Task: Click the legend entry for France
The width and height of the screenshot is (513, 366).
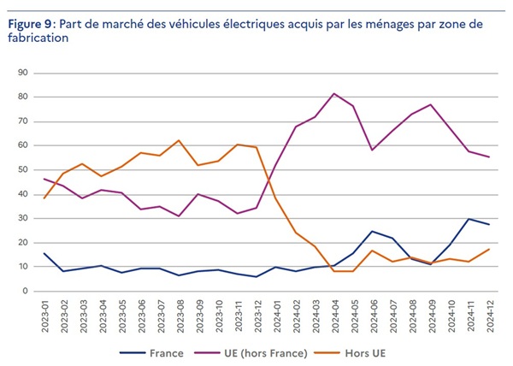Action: pos(168,351)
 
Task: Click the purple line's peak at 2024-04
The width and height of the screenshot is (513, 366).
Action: pos(333,93)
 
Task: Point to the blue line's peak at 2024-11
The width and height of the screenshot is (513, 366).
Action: pos(469,219)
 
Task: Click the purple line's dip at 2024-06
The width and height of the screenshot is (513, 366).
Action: pos(372,150)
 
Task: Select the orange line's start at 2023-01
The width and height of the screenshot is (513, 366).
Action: pos(44,198)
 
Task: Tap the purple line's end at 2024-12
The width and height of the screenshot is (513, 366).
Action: pos(489,156)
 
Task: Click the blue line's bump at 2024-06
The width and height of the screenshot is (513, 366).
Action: pos(372,231)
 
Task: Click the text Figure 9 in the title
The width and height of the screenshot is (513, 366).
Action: pos(29,25)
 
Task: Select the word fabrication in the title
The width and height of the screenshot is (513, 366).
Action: pos(38,38)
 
